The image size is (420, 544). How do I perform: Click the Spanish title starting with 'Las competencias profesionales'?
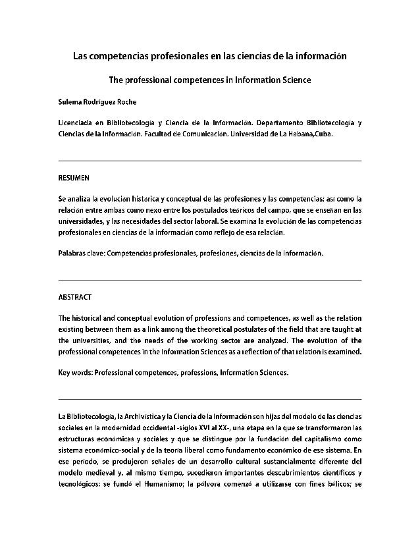[x=209, y=57]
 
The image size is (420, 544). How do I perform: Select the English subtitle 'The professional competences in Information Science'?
[x=209, y=81]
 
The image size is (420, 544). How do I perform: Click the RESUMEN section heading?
[x=74, y=178]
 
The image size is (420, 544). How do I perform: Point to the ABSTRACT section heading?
[x=75, y=296]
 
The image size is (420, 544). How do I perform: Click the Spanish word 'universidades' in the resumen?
[x=82, y=221]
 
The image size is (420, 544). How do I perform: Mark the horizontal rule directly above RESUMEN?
[x=209, y=161]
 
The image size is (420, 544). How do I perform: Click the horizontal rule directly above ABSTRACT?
[x=209, y=280]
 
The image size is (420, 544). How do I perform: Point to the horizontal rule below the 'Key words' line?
[x=209, y=399]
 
